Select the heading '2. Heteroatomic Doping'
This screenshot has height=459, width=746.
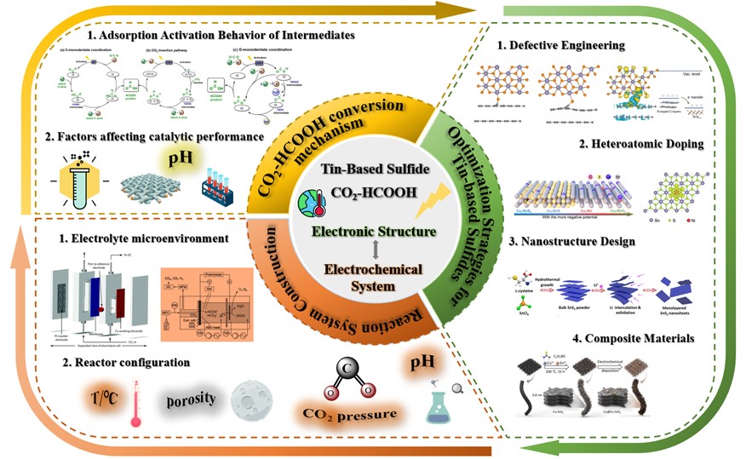click(x=642, y=144)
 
